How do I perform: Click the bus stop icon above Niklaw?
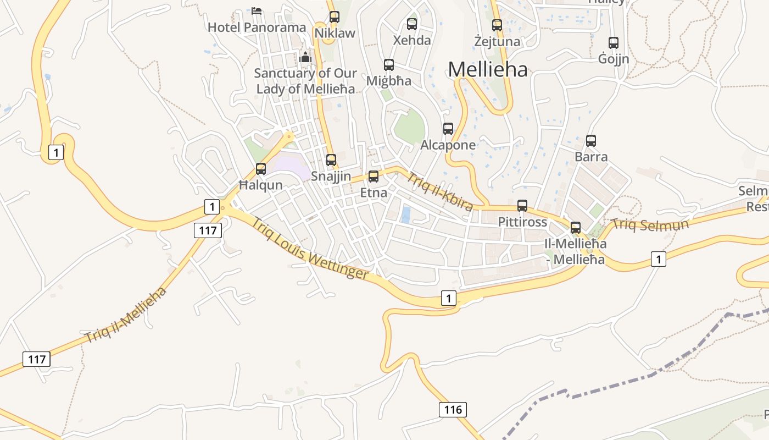pyautogui.click(x=335, y=16)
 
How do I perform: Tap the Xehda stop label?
pyautogui.click(x=412, y=40)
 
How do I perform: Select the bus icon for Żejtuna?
pyautogui.click(x=497, y=25)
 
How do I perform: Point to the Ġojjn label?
pyautogui.click(x=614, y=59)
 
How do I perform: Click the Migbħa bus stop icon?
pyautogui.click(x=389, y=65)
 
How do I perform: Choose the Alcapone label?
pyautogui.click(x=448, y=145)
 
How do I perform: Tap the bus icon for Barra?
pyautogui.click(x=591, y=141)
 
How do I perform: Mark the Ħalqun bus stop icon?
pyautogui.click(x=261, y=169)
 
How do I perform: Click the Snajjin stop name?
pyautogui.click(x=331, y=177)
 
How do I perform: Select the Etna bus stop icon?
pyautogui.click(x=374, y=177)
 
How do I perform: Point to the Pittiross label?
pyautogui.click(x=522, y=222)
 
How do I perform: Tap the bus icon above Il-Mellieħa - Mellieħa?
pyautogui.click(x=576, y=227)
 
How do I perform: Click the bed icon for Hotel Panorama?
pyautogui.click(x=257, y=10)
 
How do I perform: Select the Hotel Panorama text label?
pyautogui.click(x=257, y=28)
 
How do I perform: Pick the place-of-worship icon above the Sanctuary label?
pyautogui.click(x=305, y=57)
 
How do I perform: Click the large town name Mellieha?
pyautogui.click(x=488, y=70)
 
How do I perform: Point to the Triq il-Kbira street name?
pyautogui.click(x=439, y=191)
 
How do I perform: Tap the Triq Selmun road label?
pyautogui.click(x=650, y=224)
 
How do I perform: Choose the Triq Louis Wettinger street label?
pyautogui.click(x=310, y=249)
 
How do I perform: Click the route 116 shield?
pyautogui.click(x=453, y=409)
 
